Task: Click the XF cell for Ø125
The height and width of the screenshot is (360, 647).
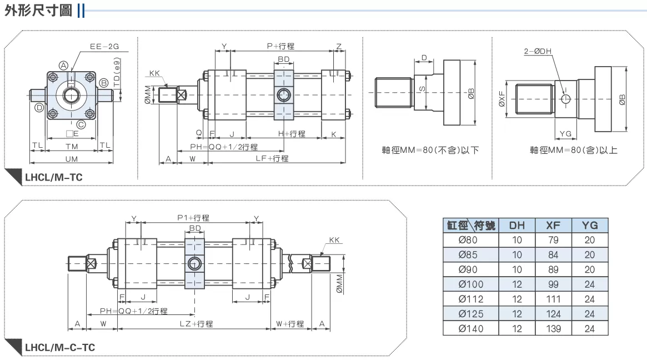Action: pyautogui.click(x=553, y=314)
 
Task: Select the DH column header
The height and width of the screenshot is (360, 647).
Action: pyautogui.click(x=516, y=226)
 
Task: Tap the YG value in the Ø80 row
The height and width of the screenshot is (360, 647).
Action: pyautogui.click(x=590, y=240)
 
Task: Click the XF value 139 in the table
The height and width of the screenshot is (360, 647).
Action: pyautogui.click(x=553, y=329)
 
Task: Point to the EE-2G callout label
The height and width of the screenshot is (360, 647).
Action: pyautogui.click(x=104, y=46)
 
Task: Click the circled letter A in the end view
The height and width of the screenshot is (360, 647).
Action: pyautogui.click(x=63, y=65)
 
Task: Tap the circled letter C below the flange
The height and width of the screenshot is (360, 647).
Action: pyautogui.click(x=81, y=124)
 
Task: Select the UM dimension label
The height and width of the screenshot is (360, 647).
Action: pyautogui.click(x=72, y=159)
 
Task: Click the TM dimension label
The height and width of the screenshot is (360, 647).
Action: pyautogui.click(x=72, y=147)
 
